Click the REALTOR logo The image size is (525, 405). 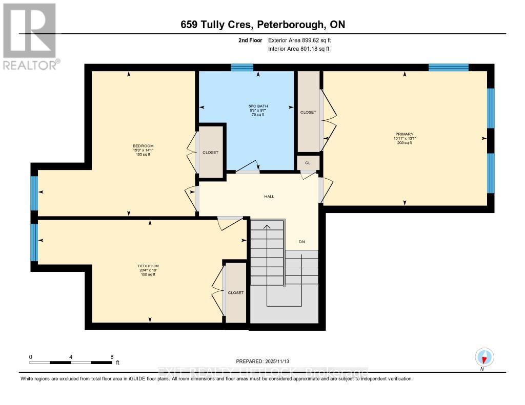tap(29, 36)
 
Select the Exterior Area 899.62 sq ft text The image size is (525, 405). tap(303, 40)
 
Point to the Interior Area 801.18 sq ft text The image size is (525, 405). tap(299, 49)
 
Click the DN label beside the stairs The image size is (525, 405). tap(302, 242)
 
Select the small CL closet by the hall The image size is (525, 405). tap(308, 163)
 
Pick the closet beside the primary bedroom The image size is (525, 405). tap(308, 112)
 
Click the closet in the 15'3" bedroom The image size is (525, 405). tap(210, 152)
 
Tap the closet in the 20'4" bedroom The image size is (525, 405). tap(236, 292)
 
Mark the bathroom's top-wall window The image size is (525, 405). tap(242, 68)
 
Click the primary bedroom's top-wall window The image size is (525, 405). tap(448, 68)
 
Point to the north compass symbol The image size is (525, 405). tap(484, 357)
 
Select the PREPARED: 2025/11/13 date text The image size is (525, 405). tap(266, 361)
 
